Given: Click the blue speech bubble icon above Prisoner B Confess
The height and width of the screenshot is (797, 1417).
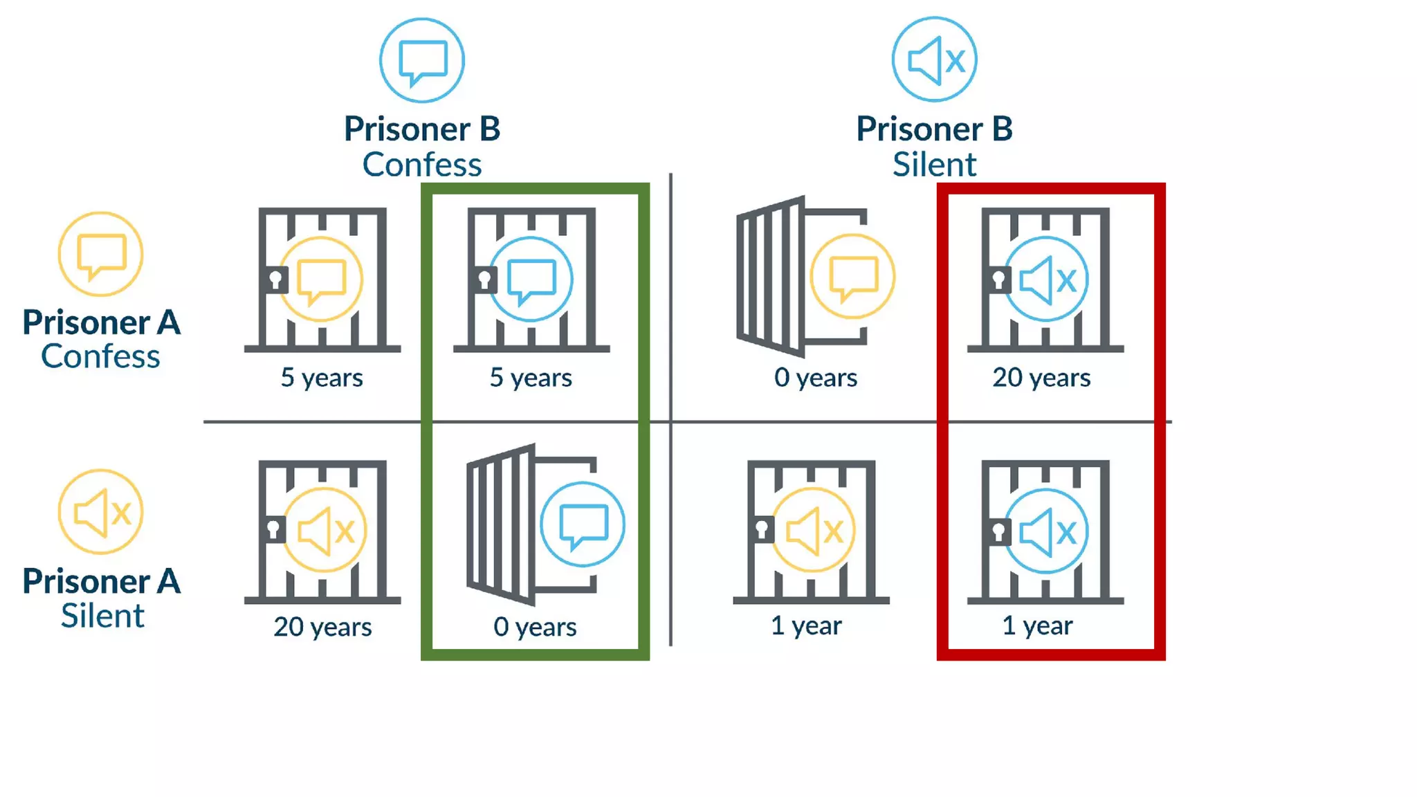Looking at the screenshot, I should [x=422, y=61].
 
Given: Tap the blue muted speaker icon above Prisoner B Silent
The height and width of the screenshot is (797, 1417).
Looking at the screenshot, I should [x=934, y=60].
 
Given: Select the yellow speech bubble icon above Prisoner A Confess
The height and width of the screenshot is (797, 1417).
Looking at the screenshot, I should [x=101, y=255].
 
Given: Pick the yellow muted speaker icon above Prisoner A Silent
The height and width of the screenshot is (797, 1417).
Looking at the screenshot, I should [x=101, y=512].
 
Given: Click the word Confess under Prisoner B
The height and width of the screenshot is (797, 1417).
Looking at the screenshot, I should [x=422, y=165].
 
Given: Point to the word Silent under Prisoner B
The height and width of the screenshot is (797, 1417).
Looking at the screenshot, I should [x=934, y=165].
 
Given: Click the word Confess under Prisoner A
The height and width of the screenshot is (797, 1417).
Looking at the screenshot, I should [x=101, y=356].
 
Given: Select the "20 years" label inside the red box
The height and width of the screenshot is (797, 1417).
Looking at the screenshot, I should [x=1041, y=378].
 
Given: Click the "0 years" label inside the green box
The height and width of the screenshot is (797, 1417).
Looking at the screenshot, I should [x=535, y=627].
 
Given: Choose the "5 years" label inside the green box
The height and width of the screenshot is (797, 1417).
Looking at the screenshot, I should [x=531, y=378].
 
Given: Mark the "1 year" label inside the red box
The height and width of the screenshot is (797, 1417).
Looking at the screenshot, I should [x=1037, y=625].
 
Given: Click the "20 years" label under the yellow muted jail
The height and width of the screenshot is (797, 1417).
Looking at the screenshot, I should [x=322, y=627].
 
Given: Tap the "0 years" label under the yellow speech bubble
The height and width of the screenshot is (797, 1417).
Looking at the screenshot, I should [x=816, y=378].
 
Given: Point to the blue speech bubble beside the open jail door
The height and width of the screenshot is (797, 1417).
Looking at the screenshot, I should [x=583, y=524].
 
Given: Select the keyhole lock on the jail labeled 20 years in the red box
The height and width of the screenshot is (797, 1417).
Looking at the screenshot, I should [x=998, y=280].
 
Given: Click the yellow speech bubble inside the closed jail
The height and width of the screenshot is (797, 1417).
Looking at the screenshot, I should [x=321, y=280].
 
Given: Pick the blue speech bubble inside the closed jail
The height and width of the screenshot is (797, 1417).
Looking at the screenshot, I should [x=531, y=280].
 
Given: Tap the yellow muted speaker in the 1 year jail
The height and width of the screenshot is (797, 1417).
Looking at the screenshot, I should [x=814, y=531].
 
